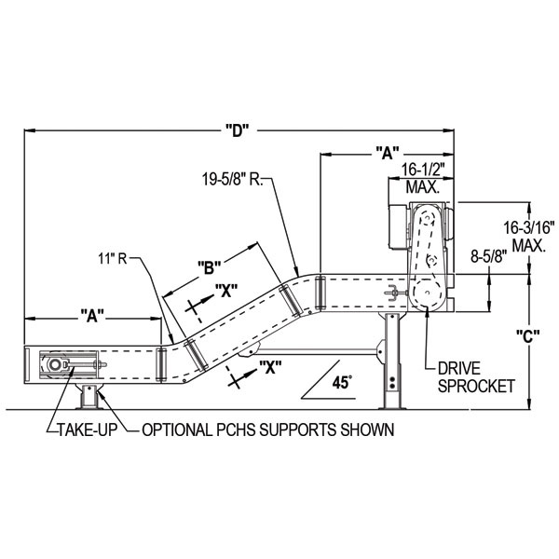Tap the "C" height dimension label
click(528, 338)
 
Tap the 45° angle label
click(342, 382)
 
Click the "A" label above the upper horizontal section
click(387, 151)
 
